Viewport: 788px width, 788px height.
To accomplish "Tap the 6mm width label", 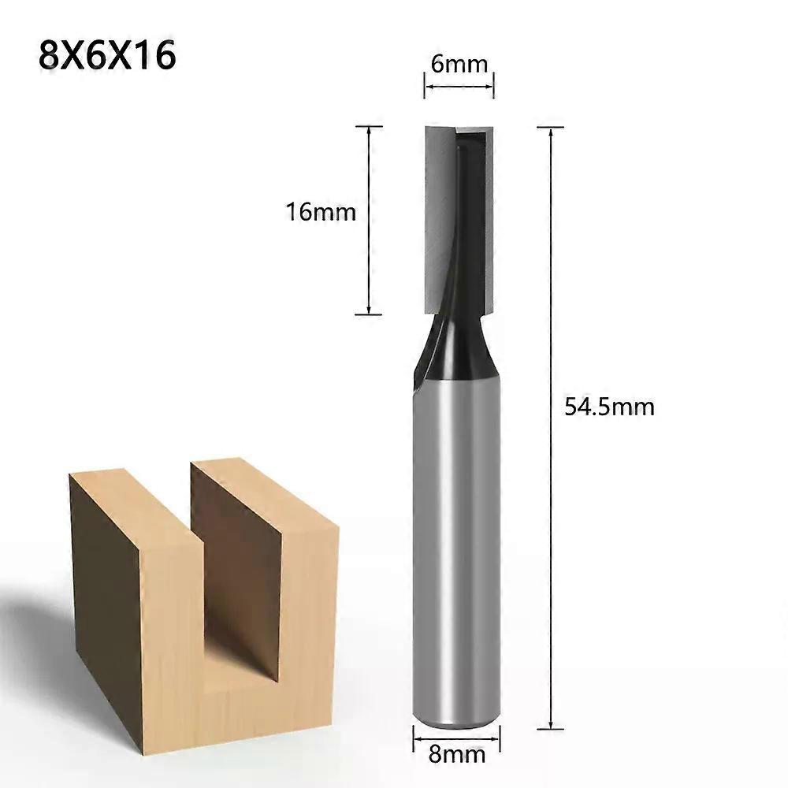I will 459,63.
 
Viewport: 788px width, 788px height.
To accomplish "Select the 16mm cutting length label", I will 321,212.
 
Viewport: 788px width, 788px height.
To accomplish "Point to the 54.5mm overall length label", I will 609,407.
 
